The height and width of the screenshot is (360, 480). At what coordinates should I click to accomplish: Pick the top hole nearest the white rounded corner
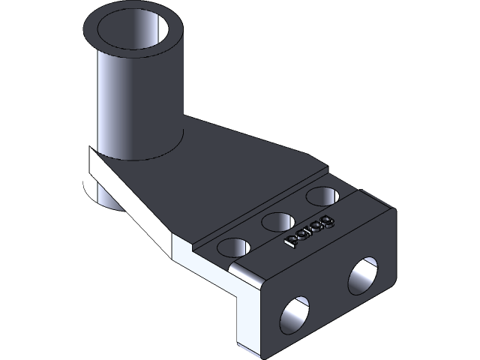pyautogui.click(x=235, y=247)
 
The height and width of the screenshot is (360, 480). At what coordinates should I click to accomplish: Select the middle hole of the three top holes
pyautogui.click(x=277, y=221)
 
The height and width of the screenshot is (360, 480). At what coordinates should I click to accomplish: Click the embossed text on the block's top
pyautogui.click(x=310, y=232)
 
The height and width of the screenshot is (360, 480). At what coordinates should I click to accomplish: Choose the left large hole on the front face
pyautogui.click(x=295, y=316)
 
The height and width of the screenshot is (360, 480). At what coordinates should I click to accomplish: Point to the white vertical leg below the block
pyautogui.click(x=247, y=322)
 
